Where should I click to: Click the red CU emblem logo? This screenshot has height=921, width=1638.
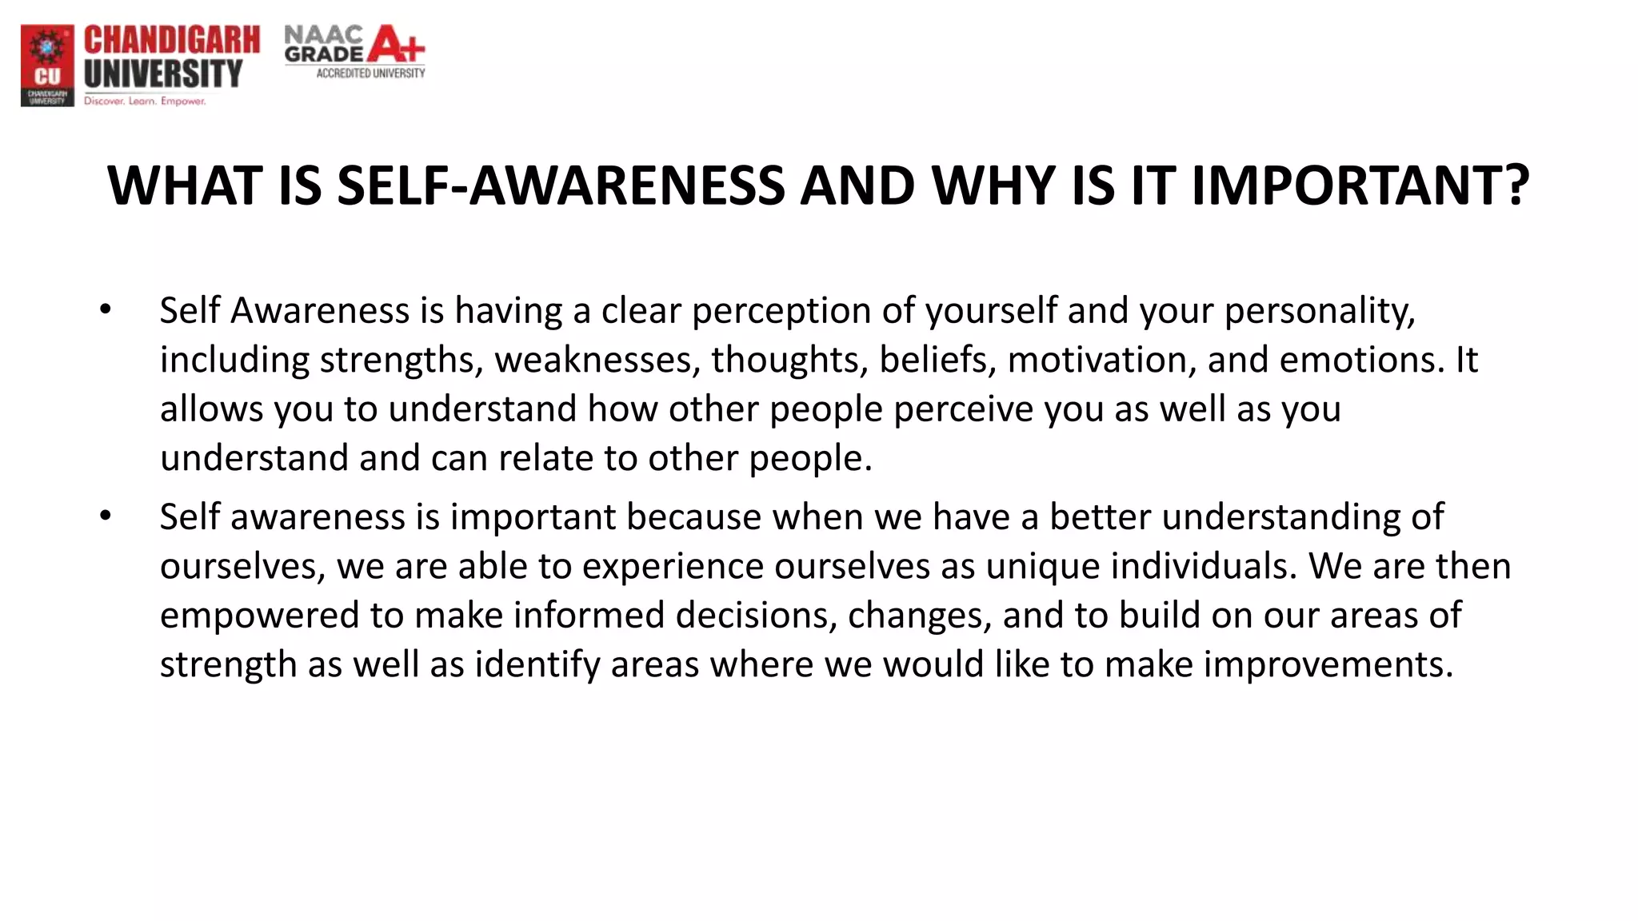click(47, 65)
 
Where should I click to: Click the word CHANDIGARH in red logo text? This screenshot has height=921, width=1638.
click(172, 40)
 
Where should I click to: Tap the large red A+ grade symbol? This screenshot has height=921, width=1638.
click(395, 45)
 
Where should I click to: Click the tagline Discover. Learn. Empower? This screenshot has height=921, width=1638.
click(145, 102)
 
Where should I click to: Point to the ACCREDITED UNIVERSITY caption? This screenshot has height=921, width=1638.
click(370, 74)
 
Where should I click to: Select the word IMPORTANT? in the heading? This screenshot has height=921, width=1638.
click(1360, 185)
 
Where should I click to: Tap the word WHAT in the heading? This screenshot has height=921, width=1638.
click(185, 185)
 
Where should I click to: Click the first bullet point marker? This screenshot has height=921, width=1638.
click(106, 309)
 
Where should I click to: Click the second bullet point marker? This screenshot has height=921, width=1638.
click(106, 516)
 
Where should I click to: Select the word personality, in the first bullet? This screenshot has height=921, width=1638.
click(1320, 311)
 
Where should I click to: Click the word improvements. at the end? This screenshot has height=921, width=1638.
click(1328, 664)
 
